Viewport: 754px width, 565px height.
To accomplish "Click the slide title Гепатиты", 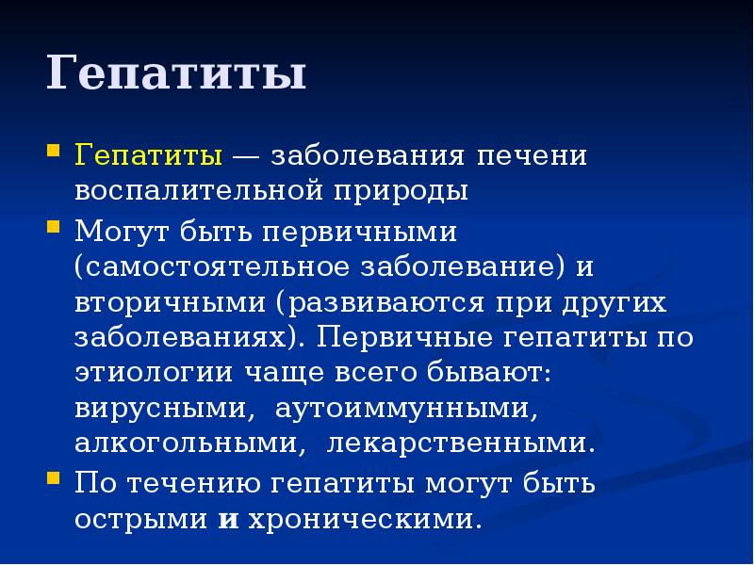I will pos(176,74).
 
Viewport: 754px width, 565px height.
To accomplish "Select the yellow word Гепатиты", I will pos(149,154).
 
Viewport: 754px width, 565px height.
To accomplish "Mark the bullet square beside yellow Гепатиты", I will pos(54,151).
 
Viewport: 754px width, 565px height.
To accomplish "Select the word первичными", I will pos(366,230).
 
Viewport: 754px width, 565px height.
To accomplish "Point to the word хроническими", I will pos(358,519).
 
